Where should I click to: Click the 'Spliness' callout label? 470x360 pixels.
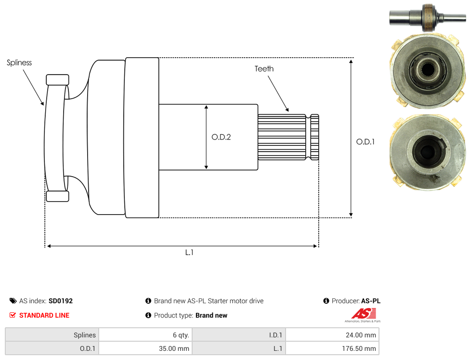19,63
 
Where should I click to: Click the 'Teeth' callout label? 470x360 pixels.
264,69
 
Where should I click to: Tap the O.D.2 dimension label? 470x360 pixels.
221,137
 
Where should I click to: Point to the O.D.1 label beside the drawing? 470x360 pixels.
366,141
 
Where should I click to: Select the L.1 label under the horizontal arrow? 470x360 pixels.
189,253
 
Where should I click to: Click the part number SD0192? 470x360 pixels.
61,301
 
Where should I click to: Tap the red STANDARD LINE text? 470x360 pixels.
44,315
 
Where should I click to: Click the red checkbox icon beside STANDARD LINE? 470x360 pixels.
13,315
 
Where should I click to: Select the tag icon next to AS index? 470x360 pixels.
13,301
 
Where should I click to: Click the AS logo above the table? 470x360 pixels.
363,315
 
